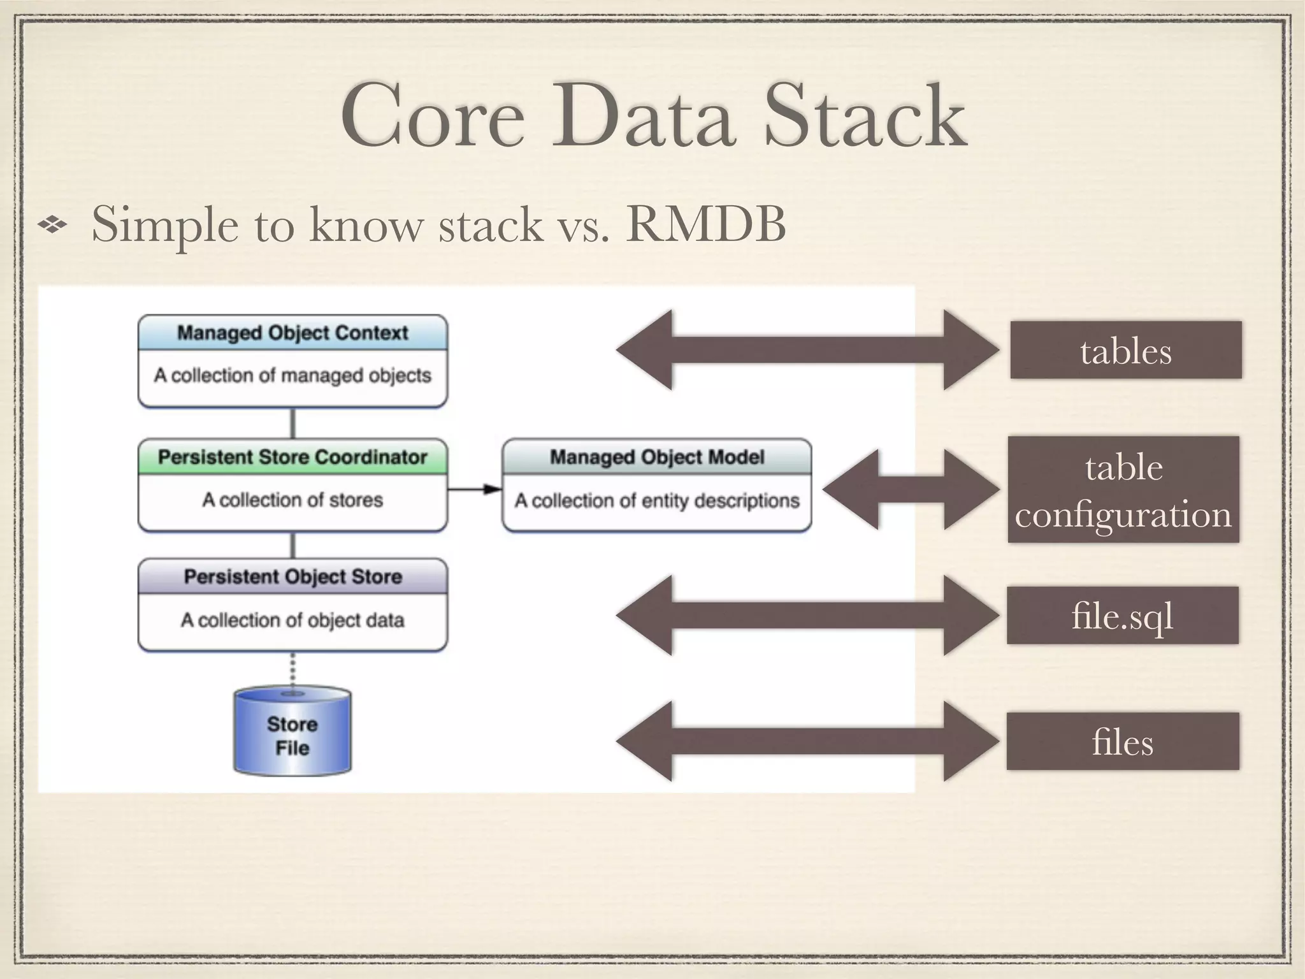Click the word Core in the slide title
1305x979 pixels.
[433, 117]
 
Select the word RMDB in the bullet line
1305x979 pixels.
[705, 224]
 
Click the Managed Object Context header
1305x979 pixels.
[292, 333]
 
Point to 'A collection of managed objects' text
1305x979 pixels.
[292, 375]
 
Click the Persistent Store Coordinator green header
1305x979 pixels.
[292, 457]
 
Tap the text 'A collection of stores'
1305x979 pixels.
[292, 500]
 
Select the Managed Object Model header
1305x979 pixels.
[657, 457]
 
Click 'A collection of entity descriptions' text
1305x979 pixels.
[657, 501]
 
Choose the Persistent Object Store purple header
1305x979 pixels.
[292, 577]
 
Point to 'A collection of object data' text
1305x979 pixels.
[292, 620]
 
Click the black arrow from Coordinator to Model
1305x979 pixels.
[474, 489]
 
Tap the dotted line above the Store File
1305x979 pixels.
[292, 669]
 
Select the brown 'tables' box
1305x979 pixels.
[1125, 351]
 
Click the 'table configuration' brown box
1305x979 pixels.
[1123, 489]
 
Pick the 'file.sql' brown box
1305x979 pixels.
[1122, 616]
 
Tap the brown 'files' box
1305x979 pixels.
[1122, 741]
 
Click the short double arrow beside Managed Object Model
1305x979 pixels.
[911, 489]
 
